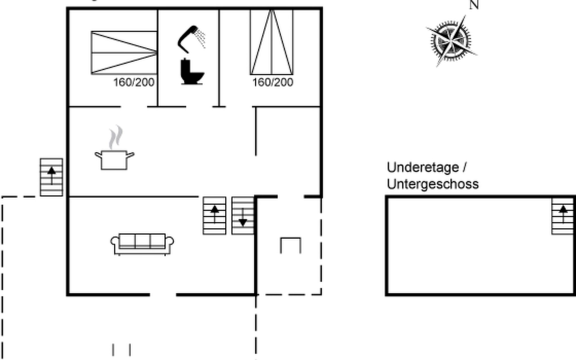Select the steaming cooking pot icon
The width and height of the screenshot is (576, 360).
(114, 160)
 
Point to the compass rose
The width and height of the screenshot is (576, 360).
(451, 41)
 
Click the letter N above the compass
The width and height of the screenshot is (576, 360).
(474, 5)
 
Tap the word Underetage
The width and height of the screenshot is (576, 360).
(423, 167)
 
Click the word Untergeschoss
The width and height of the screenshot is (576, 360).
(433, 184)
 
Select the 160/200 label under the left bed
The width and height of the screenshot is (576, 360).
(134, 82)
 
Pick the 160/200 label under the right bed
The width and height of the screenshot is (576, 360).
(273, 82)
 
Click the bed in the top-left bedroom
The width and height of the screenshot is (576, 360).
(124, 52)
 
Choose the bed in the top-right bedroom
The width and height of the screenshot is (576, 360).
(272, 42)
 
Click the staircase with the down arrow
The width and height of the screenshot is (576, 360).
(243, 215)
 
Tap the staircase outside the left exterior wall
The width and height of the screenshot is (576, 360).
(52, 177)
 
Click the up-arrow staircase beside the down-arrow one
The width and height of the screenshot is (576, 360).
(214, 215)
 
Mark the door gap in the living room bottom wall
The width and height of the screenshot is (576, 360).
(163, 295)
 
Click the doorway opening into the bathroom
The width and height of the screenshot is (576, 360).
(199, 106)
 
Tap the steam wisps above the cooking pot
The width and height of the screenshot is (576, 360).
(116, 137)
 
